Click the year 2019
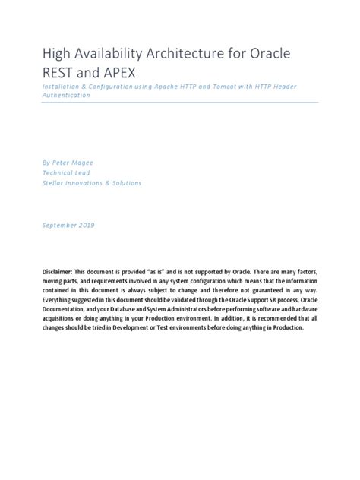pos(105,226)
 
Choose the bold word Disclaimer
pos(62,271)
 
